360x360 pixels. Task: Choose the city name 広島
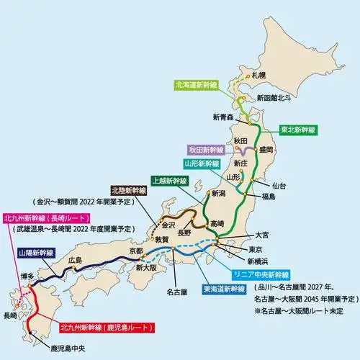pyautogui.click(x=76, y=260)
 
